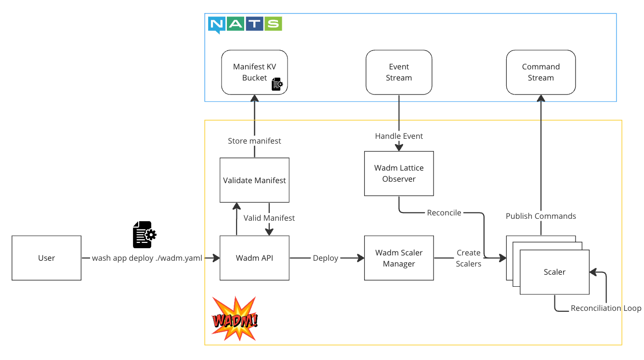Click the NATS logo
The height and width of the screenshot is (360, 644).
245,24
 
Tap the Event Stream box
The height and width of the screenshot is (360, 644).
399,72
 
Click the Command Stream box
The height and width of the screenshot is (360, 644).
540,72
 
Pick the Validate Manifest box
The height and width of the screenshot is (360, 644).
254,180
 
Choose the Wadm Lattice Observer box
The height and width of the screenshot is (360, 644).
399,173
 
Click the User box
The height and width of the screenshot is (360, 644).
47,258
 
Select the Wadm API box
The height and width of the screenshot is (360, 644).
254,258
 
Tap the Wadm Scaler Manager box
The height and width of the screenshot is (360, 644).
399,258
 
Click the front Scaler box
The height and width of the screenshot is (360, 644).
554,272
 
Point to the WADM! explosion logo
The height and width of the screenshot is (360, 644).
235,319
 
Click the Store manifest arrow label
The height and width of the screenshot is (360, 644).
254,141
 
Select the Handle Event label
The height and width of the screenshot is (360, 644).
399,136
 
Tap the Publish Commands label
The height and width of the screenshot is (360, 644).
540,216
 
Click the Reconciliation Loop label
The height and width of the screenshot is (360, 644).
605,308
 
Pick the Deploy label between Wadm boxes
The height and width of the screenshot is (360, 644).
326,258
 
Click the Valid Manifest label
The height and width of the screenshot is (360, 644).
269,218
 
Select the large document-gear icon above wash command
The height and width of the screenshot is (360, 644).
144,234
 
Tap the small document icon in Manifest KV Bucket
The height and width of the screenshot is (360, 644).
277,84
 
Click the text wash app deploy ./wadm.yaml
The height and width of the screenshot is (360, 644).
147,258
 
